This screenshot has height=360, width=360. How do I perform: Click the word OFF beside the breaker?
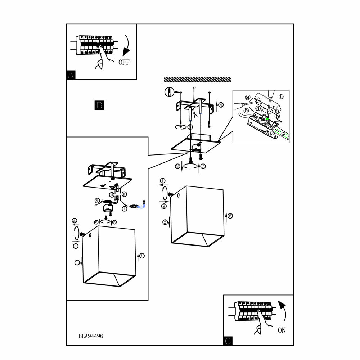(124, 62)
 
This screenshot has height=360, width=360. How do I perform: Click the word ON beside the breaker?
(282, 330)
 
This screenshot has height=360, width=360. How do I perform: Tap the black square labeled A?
(71, 75)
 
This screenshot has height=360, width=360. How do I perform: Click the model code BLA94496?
(91, 336)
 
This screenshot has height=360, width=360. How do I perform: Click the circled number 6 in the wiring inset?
(281, 96)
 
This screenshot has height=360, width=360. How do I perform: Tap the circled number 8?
(230, 216)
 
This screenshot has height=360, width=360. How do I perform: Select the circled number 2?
(165, 222)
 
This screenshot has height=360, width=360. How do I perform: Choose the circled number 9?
(164, 206)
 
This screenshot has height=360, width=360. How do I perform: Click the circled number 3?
(177, 166)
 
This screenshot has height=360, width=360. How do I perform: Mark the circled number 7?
(203, 166)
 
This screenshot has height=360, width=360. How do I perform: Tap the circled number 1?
(163, 181)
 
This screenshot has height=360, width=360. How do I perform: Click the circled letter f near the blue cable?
(125, 208)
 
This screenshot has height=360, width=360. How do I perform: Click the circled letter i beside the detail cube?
(142, 256)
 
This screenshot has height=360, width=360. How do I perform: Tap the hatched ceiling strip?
(197, 79)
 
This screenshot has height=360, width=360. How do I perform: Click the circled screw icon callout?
(168, 92)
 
